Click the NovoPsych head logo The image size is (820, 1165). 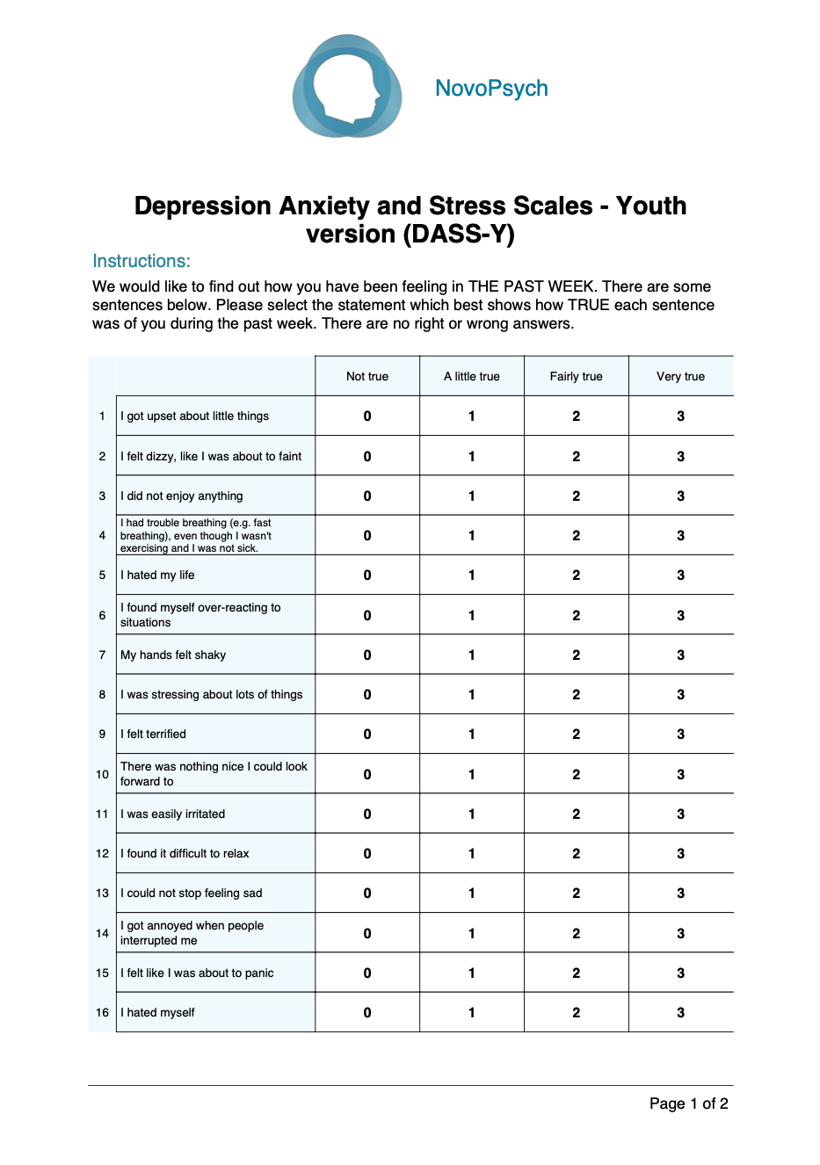point(347,86)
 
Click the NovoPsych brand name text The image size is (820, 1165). point(491,89)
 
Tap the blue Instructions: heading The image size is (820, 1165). point(142,261)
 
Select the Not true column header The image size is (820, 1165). point(367,376)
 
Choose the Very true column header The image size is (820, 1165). point(680,376)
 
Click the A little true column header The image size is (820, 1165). point(472,376)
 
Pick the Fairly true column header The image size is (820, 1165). point(577,376)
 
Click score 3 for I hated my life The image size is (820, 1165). point(680,575)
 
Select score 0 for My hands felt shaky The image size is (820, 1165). point(367,655)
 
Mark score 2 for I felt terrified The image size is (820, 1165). point(577,734)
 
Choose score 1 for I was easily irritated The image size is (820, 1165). point(472,814)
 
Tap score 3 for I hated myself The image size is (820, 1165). point(680,1013)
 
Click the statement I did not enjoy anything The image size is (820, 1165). point(182,496)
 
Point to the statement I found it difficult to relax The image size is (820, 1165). point(185,853)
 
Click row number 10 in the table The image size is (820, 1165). point(102,775)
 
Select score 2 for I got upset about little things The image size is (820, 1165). point(577,416)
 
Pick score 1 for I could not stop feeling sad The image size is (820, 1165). point(472,894)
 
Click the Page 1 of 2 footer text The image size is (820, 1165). point(688,1103)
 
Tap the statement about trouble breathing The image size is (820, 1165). point(196,535)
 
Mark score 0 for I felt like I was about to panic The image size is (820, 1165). point(367,973)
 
